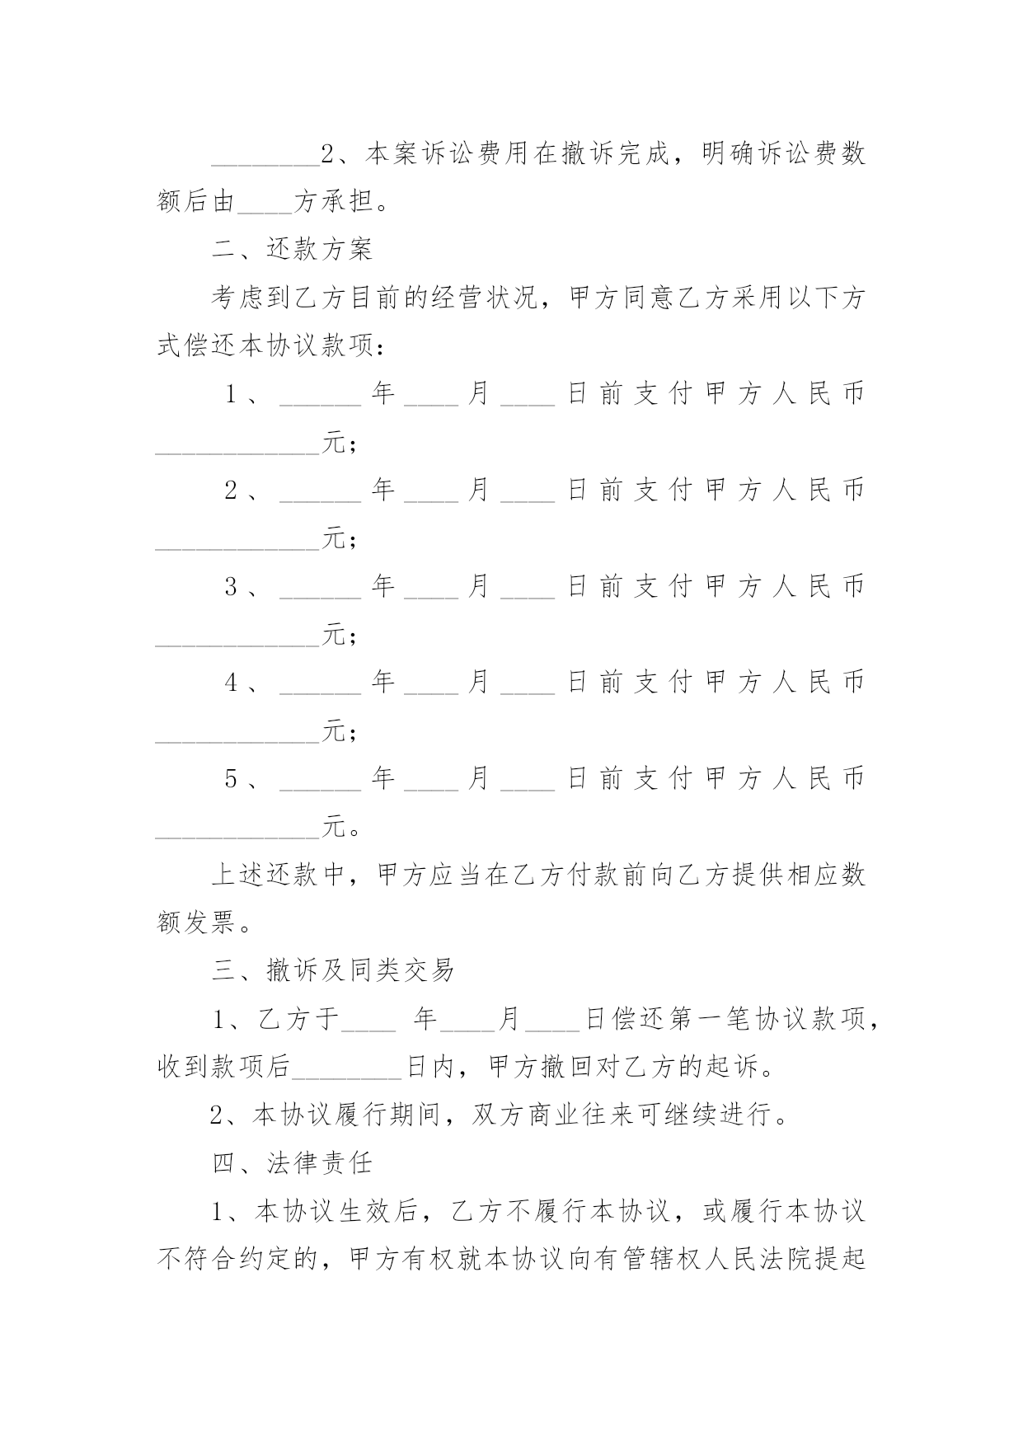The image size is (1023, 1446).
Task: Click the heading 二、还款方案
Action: click(293, 249)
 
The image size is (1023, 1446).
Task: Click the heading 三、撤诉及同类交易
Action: click(333, 970)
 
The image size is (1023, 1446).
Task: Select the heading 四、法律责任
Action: click(293, 1163)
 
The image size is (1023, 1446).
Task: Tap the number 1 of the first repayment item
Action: click(232, 394)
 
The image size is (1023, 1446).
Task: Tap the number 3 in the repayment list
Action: click(232, 587)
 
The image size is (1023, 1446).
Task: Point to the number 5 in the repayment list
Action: click(232, 779)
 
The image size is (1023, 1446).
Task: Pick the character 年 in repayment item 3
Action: click(383, 587)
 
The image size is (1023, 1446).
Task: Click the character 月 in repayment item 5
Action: click(480, 779)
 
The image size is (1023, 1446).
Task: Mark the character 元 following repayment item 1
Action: click(333, 443)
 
